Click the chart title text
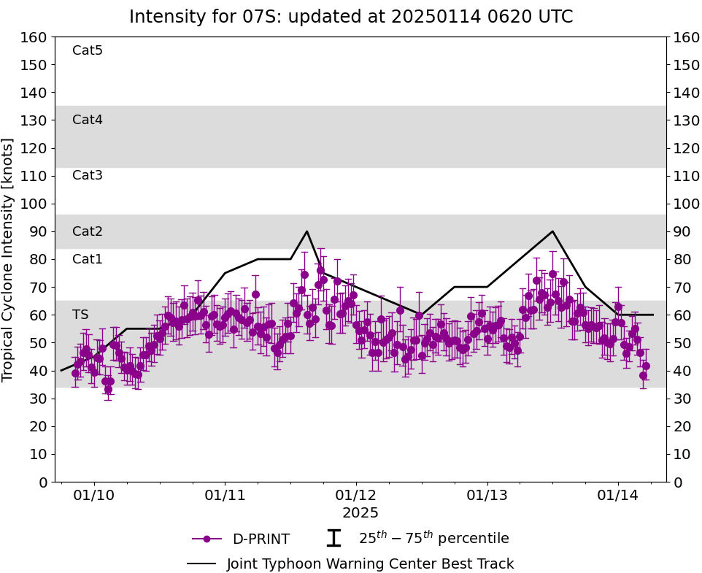click(351, 17)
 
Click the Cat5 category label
click(88, 50)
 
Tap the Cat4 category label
click(88, 120)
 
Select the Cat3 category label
click(88, 175)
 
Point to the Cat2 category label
click(88, 231)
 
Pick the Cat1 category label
click(88, 259)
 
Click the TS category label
click(80, 315)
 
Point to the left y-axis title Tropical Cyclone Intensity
click(9, 259)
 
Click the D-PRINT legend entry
click(241, 539)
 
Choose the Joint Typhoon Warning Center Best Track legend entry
click(351, 564)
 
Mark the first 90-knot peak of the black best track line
click(306, 231)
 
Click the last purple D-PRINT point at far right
click(646, 366)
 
